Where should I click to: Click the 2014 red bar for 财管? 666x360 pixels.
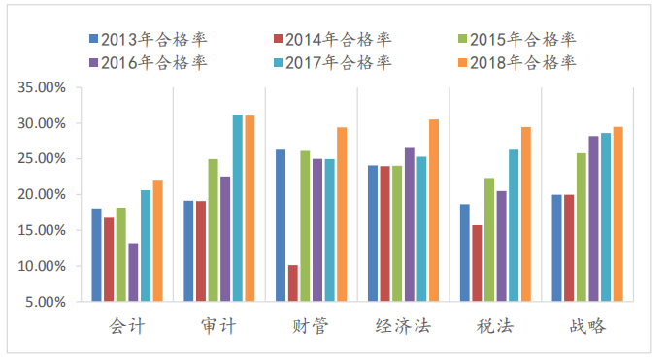293,282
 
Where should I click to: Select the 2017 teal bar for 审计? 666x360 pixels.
237,208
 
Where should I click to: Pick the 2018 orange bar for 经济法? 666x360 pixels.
434,210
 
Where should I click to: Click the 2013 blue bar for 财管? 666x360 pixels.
281,225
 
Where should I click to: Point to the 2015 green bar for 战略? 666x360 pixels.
582,227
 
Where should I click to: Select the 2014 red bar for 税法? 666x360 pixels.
477,263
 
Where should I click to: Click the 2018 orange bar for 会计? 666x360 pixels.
157,241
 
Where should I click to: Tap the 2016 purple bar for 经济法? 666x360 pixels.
410,224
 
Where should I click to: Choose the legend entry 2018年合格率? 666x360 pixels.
516,62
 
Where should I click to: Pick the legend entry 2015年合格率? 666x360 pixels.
516,39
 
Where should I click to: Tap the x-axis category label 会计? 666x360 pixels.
127,326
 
